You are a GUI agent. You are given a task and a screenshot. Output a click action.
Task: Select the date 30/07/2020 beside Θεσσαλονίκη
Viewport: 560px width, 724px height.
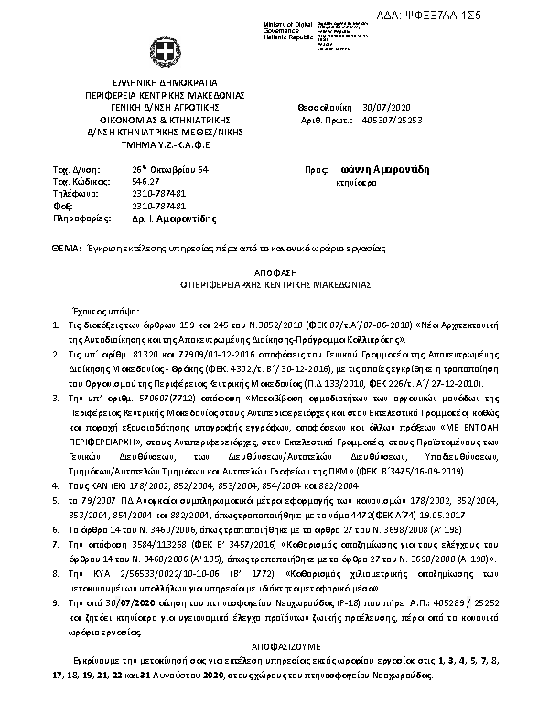tap(382, 107)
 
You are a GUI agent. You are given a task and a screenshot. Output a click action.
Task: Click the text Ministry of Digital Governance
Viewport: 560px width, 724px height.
tap(287, 27)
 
